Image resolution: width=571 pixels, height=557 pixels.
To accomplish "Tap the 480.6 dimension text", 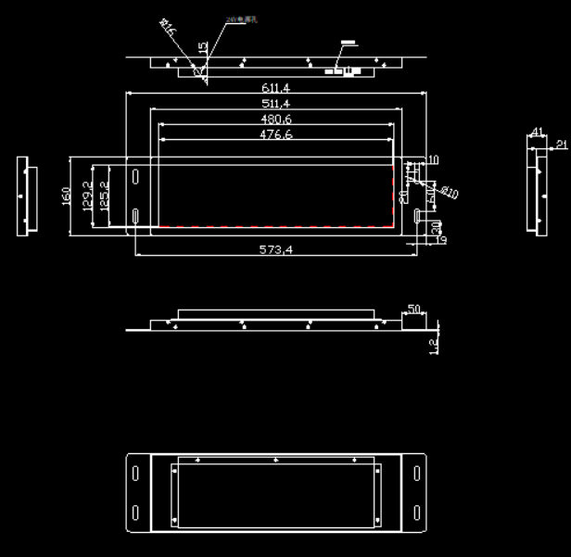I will point(275,119).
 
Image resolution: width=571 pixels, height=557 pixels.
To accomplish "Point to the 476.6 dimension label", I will point(275,134).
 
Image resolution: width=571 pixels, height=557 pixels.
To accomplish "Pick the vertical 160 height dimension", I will point(67,196).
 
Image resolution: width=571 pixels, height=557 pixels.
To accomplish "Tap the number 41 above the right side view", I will point(536,133).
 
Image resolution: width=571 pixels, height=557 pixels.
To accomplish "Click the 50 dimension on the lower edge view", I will point(413,309).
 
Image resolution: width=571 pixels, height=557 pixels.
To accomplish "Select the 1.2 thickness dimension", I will point(433,344).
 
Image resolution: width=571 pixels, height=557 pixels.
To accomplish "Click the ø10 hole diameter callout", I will point(449,192).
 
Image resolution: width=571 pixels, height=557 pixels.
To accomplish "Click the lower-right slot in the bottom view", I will point(416,513).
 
